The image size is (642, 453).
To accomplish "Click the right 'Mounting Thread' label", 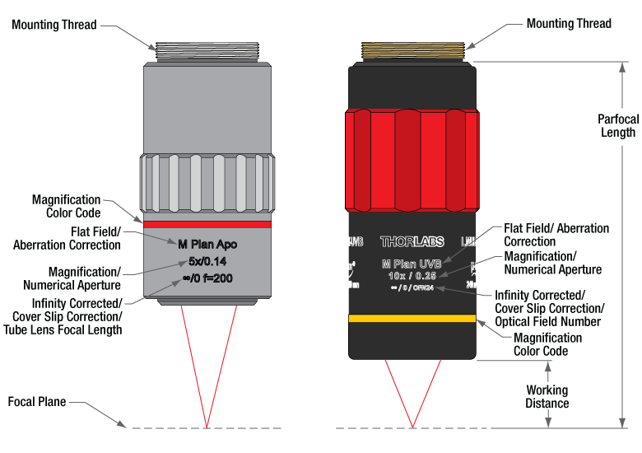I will [570, 24].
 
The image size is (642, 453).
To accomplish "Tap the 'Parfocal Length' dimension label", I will [617, 126].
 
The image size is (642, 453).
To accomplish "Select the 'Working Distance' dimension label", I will [547, 397].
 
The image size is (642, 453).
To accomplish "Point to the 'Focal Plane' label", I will [37, 403].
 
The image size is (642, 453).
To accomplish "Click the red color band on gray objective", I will [207, 223].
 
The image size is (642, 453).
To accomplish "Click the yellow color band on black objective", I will [412, 319].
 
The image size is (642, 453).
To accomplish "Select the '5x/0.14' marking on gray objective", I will [207, 262].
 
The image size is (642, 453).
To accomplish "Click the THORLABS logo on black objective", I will [412, 242].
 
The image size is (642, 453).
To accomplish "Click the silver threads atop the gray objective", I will [207, 53].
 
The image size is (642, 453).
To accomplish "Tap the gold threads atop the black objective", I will [412, 52].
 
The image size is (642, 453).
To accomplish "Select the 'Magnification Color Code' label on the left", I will [67, 206].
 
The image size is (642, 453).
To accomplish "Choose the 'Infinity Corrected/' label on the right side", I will [539, 295].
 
